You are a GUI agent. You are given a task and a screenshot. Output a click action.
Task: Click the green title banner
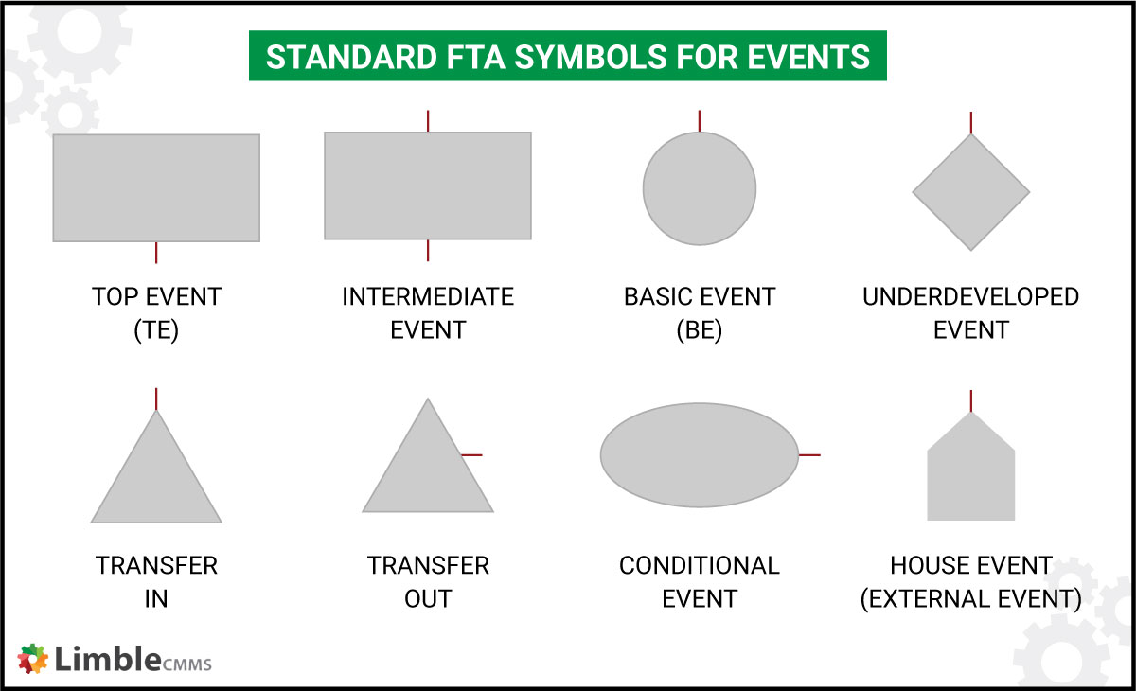point(567,57)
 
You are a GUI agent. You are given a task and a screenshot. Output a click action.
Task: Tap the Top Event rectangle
point(156,187)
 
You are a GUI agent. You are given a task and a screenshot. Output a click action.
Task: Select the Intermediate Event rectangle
point(428,186)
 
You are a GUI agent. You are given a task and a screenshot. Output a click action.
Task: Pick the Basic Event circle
point(700,188)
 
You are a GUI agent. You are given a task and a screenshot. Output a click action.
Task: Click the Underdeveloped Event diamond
point(970,192)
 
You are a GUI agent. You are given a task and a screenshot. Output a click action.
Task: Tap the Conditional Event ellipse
point(700,455)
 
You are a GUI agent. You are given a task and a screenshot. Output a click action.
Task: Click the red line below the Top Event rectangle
point(156,253)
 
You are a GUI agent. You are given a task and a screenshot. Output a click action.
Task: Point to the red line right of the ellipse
point(809,455)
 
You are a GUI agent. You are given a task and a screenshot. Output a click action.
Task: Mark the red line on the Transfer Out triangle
point(471,455)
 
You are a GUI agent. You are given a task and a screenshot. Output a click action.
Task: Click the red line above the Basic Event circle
point(700,121)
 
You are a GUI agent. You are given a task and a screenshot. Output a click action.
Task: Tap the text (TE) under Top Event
point(156,330)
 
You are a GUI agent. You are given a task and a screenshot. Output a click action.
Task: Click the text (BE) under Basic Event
point(700,330)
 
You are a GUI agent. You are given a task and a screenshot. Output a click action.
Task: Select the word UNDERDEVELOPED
point(970,297)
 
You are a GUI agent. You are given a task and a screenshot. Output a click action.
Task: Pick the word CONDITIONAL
point(700,566)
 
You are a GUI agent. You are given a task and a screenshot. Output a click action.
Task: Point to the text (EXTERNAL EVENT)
point(970,599)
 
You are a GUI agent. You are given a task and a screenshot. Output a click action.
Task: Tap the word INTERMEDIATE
point(428,297)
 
